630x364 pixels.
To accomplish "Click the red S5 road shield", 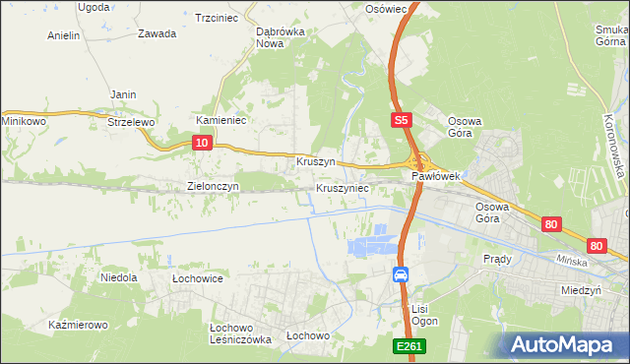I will click(x=400, y=120).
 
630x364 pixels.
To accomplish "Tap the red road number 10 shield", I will click(x=201, y=143).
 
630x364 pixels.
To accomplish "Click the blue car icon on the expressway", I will click(x=402, y=274).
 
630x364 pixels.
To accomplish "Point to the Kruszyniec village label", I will click(x=343, y=187).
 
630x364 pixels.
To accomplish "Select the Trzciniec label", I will click(x=219, y=18).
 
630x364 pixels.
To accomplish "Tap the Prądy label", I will click(x=497, y=259).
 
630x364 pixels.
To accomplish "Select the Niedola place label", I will click(x=119, y=278).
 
